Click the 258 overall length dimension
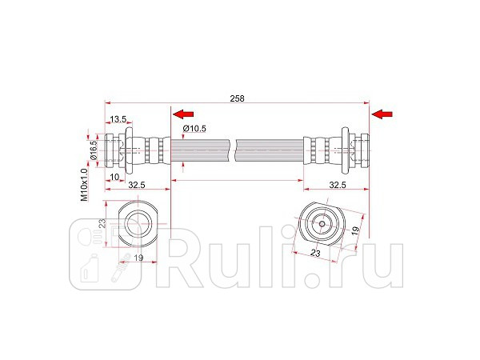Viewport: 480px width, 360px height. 237,98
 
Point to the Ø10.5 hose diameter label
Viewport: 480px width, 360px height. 195,128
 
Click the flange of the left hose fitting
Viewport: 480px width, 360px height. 126,148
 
